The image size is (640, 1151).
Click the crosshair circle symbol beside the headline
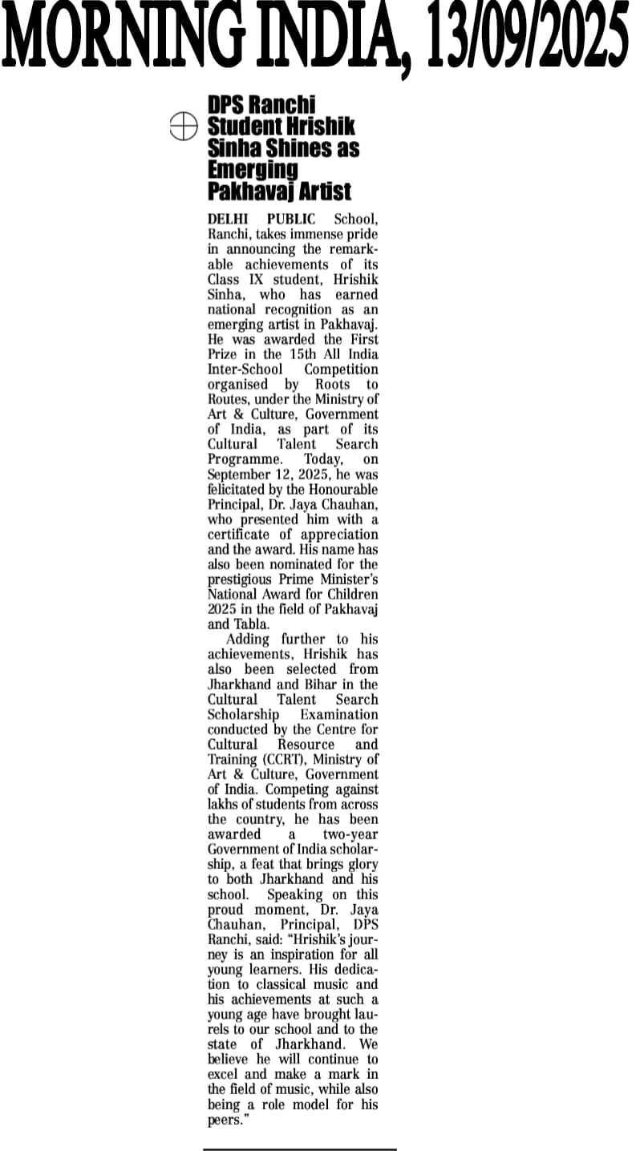[x=184, y=126]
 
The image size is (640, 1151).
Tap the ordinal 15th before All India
[x=304, y=354]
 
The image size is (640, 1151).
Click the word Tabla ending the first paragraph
[x=251, y=624]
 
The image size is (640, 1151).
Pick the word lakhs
[x=225, y=804]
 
